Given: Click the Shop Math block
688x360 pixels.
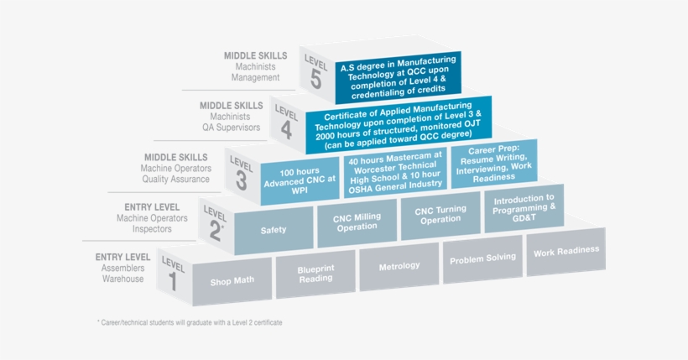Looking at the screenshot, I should (232, 282).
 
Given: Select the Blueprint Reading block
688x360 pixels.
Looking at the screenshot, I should (315, 274).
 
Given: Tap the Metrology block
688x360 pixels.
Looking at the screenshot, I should (399, 267).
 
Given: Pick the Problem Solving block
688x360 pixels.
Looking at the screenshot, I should (482, 259).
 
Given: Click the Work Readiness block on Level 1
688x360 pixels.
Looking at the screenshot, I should (566, 252).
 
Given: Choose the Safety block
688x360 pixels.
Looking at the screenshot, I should (274, 230).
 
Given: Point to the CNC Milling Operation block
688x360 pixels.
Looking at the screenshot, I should (357, 222).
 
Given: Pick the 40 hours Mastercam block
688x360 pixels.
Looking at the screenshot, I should (395, 172).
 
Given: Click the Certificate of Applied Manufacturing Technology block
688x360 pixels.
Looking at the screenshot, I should (399, 124).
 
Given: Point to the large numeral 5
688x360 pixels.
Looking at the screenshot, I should (315, 78).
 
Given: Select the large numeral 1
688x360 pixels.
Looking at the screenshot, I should (174, 282).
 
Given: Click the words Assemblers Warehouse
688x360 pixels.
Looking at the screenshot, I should (123, 274).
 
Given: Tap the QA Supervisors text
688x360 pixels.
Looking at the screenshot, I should (232, 128).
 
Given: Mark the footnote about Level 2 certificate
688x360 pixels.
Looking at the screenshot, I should (190, 322).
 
